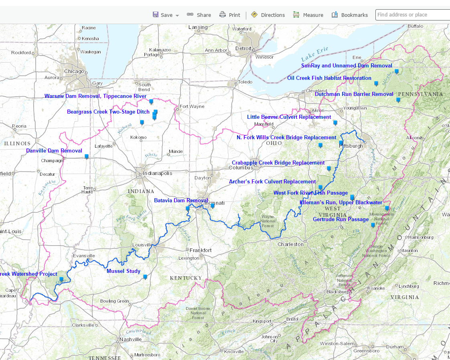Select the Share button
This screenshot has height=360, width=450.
tap(199, 15)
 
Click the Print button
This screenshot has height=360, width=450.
tap(230, 15)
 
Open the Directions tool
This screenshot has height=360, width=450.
tap(268, 15)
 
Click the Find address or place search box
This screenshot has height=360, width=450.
tap(412, 15)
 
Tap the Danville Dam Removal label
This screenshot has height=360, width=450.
tap(54, 151)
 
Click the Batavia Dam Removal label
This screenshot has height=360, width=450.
tap(181, 200)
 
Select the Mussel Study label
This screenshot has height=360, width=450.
tap(124, 271)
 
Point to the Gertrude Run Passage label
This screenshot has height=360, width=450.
tap(341, 219)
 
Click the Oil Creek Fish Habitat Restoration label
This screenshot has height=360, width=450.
tap(329, 78)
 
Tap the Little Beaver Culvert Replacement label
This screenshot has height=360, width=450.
tap(289, 117)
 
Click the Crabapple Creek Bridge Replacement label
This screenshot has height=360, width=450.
tap(278, 163)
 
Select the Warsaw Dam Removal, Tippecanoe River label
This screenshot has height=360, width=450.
tap(95, 96)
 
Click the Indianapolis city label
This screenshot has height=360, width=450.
tap(157, 173)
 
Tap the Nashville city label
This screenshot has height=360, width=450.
tap(130, 339)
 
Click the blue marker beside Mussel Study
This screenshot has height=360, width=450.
tap(145, 277)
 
